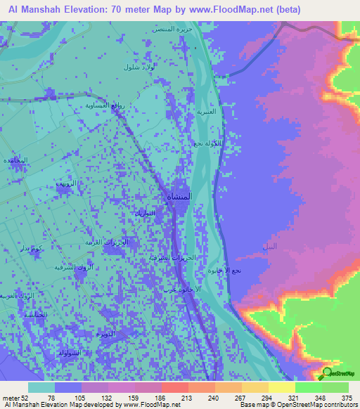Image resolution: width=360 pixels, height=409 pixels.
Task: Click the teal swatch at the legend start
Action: coord(41,387)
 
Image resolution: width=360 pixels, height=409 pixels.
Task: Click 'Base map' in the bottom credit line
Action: coord(251,405)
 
